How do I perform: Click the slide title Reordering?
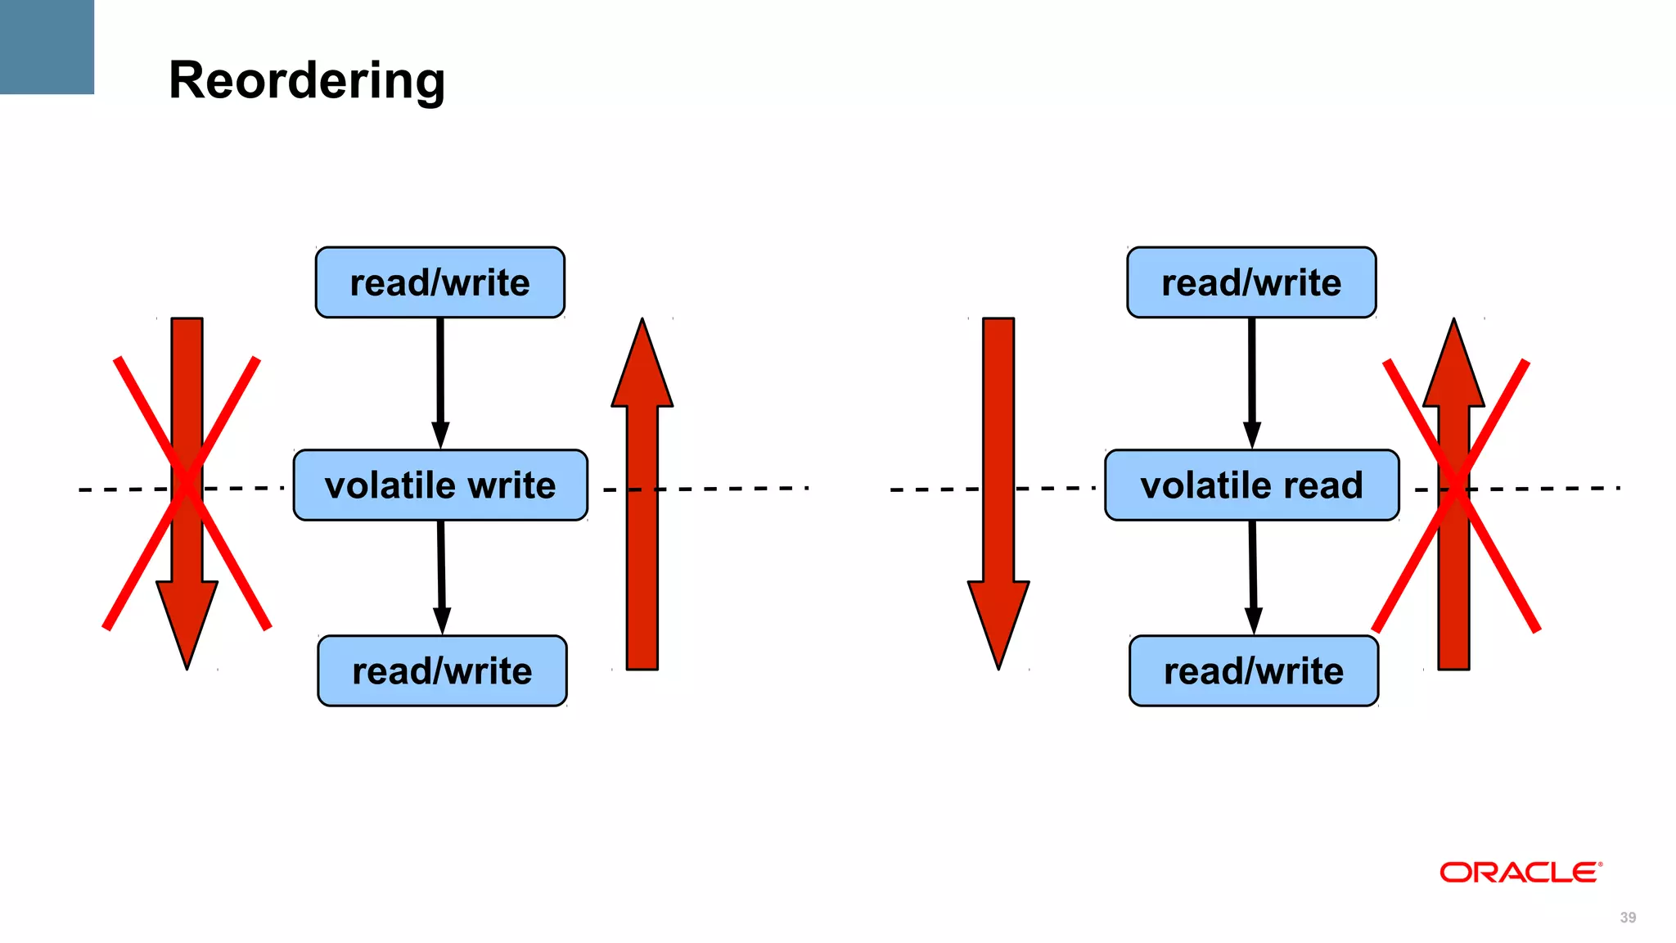tap(307, 80)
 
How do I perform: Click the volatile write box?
tap(440, 485)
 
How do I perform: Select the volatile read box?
tap(1251, 485)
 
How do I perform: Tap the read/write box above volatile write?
tap(440, 282)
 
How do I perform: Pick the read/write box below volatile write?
tap(442, 670)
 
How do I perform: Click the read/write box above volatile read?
tap(1251, 282)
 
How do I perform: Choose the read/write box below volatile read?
tap(1254, 670)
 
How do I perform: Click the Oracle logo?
tap(1520, 872)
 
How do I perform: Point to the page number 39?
tap(1628, 918)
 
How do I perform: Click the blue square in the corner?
tap(47, 47)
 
